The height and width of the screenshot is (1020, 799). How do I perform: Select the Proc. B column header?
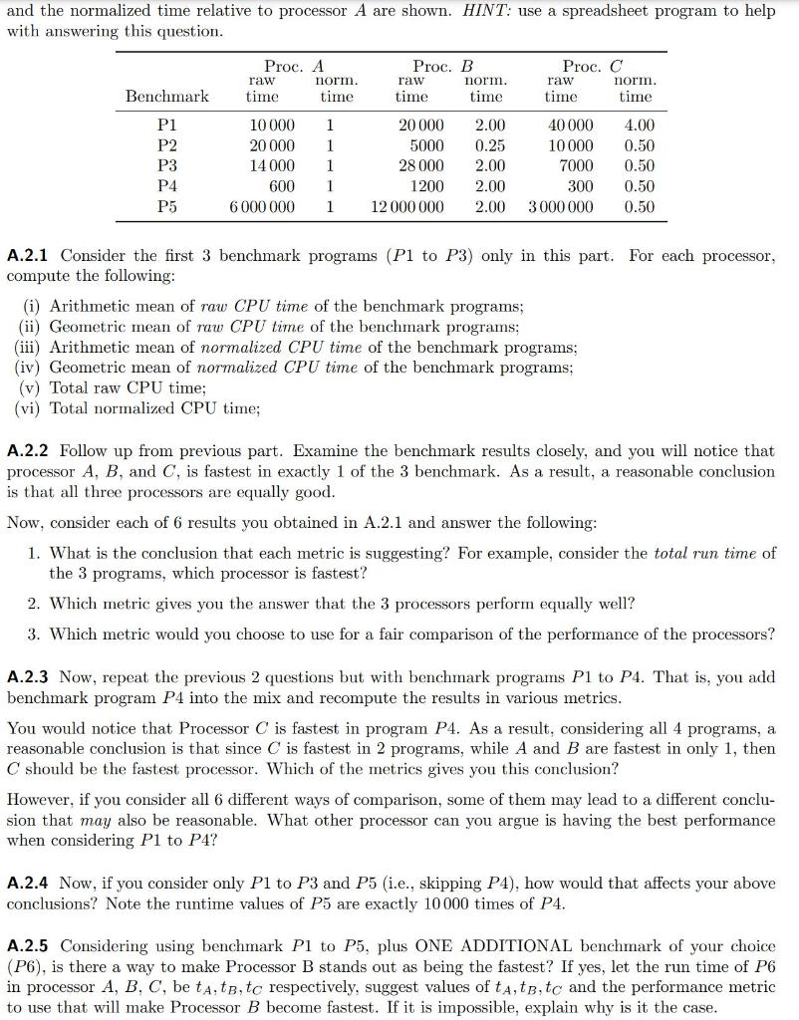442,66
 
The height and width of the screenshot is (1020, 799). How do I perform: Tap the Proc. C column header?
593,66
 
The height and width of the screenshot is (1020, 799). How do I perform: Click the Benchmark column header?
167,97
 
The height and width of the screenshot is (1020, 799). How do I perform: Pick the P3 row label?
167,166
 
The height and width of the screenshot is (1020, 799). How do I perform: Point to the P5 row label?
167,207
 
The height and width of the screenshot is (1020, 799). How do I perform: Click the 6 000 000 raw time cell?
261,207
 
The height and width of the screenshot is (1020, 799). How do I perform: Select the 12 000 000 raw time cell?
407,207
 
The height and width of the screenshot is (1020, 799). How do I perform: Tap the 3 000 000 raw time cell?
561,207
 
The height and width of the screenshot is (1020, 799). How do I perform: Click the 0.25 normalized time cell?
489,145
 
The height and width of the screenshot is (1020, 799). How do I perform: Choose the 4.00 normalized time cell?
639,126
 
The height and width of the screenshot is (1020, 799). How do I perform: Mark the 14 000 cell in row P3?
271,166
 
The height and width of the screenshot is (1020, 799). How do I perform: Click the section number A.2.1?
29,256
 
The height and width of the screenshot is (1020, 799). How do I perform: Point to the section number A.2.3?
29,677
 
